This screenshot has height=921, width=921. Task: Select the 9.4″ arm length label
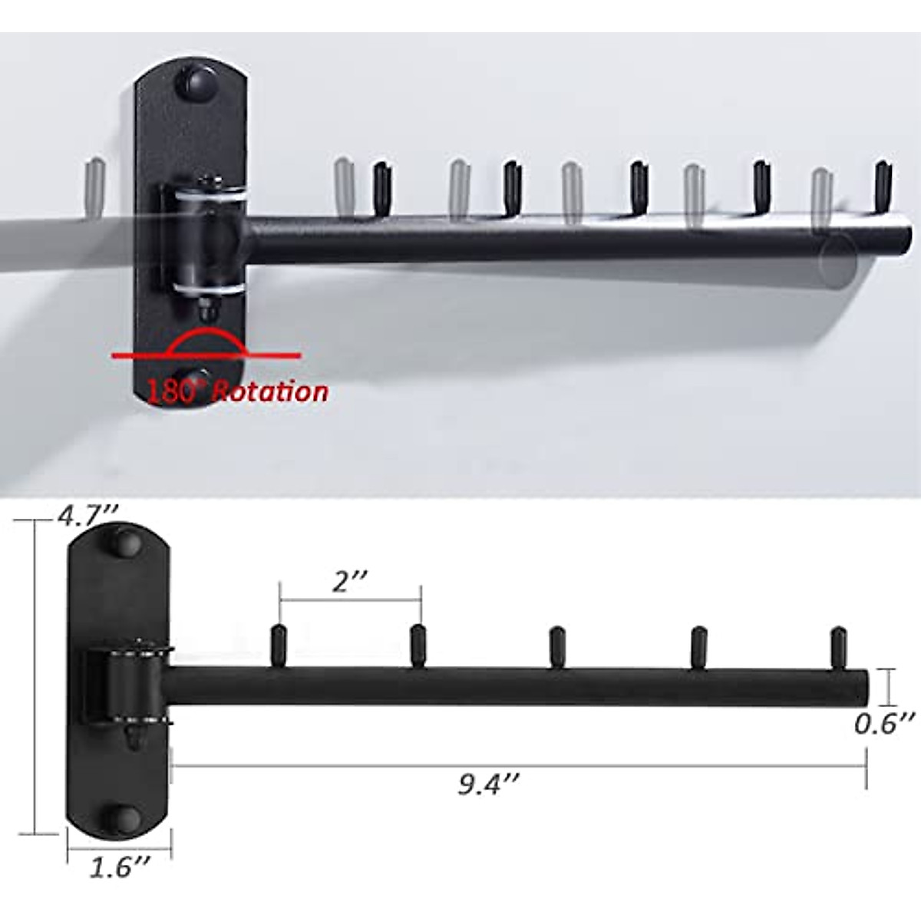point(489,785)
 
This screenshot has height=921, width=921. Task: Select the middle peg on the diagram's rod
point(558,647)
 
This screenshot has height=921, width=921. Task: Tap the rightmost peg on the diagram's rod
point(839,647)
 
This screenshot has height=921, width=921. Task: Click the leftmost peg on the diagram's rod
point(279,647)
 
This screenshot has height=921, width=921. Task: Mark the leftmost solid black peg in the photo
point(382,189)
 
